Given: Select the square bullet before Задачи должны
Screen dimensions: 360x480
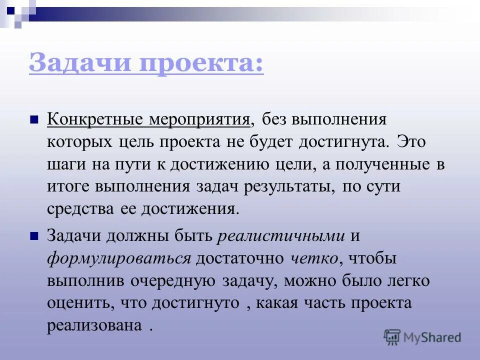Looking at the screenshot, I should tap(34, 236).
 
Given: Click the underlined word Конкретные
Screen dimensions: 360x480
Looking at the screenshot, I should tap(95, 120).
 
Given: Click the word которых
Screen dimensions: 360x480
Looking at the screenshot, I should tap(79, 142).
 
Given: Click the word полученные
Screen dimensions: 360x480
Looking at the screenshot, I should tap(380, 164).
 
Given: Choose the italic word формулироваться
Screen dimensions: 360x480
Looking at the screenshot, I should tap(119, 258).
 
